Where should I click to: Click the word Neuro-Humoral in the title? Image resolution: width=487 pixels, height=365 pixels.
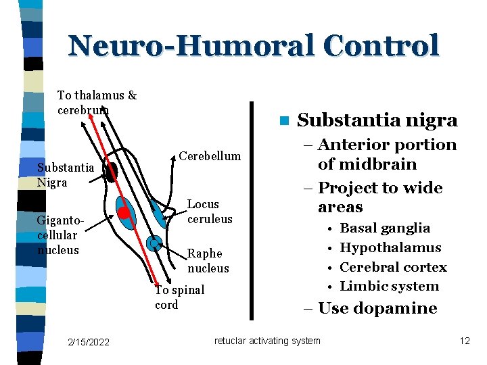[191, 46]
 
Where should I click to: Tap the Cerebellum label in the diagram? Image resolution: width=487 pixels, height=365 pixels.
[210, 156]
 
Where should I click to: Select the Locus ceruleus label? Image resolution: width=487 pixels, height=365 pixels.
[209, 212]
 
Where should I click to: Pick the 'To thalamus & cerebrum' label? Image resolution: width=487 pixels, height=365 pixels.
[97, 103]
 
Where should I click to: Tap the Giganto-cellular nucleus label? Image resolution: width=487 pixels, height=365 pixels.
[58, 235]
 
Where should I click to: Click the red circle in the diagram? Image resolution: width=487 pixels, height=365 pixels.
[123, 213]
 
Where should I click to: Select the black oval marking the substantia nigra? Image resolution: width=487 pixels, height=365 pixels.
[112, 172]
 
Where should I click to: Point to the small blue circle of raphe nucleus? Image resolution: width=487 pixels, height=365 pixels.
[155, 243]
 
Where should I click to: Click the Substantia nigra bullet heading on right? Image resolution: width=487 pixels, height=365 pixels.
[377, 120]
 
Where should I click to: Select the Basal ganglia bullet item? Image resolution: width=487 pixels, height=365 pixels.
[384, 228]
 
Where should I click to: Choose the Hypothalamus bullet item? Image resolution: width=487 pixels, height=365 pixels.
[390, 247]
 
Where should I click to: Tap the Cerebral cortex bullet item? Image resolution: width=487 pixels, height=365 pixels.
[393, 267]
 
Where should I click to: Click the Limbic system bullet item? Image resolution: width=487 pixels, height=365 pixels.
[389, 286]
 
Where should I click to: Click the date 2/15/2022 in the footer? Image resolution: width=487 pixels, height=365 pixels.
[89, 342]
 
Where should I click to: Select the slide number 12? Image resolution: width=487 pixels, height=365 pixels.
[464, 341]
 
